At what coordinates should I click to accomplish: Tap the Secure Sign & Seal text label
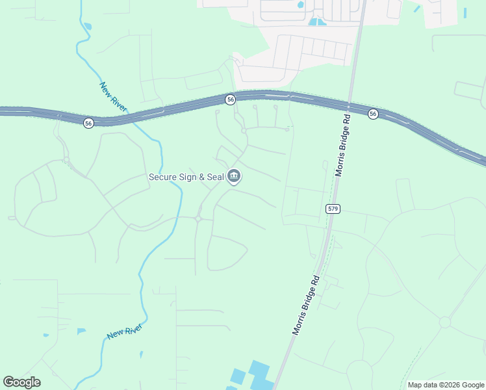186,177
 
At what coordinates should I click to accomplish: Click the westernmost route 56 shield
88,123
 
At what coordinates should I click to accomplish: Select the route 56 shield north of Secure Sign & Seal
230,99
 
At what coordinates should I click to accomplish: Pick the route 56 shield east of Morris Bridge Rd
372,114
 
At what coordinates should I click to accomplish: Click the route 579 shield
333,209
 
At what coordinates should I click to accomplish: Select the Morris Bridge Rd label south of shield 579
307,304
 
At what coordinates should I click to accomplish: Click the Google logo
21,382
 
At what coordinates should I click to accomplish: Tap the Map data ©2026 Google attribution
445,385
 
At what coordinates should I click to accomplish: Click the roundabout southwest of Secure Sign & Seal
198,219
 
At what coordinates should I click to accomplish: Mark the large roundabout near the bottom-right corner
445,322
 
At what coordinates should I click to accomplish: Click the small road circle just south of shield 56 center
244,131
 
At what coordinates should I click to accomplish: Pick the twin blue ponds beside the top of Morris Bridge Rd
318,21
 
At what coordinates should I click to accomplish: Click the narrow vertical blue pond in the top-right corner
465,12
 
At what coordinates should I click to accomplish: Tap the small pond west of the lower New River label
81,331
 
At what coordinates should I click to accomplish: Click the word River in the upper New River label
120,103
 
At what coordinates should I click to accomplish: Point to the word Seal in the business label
212,177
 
